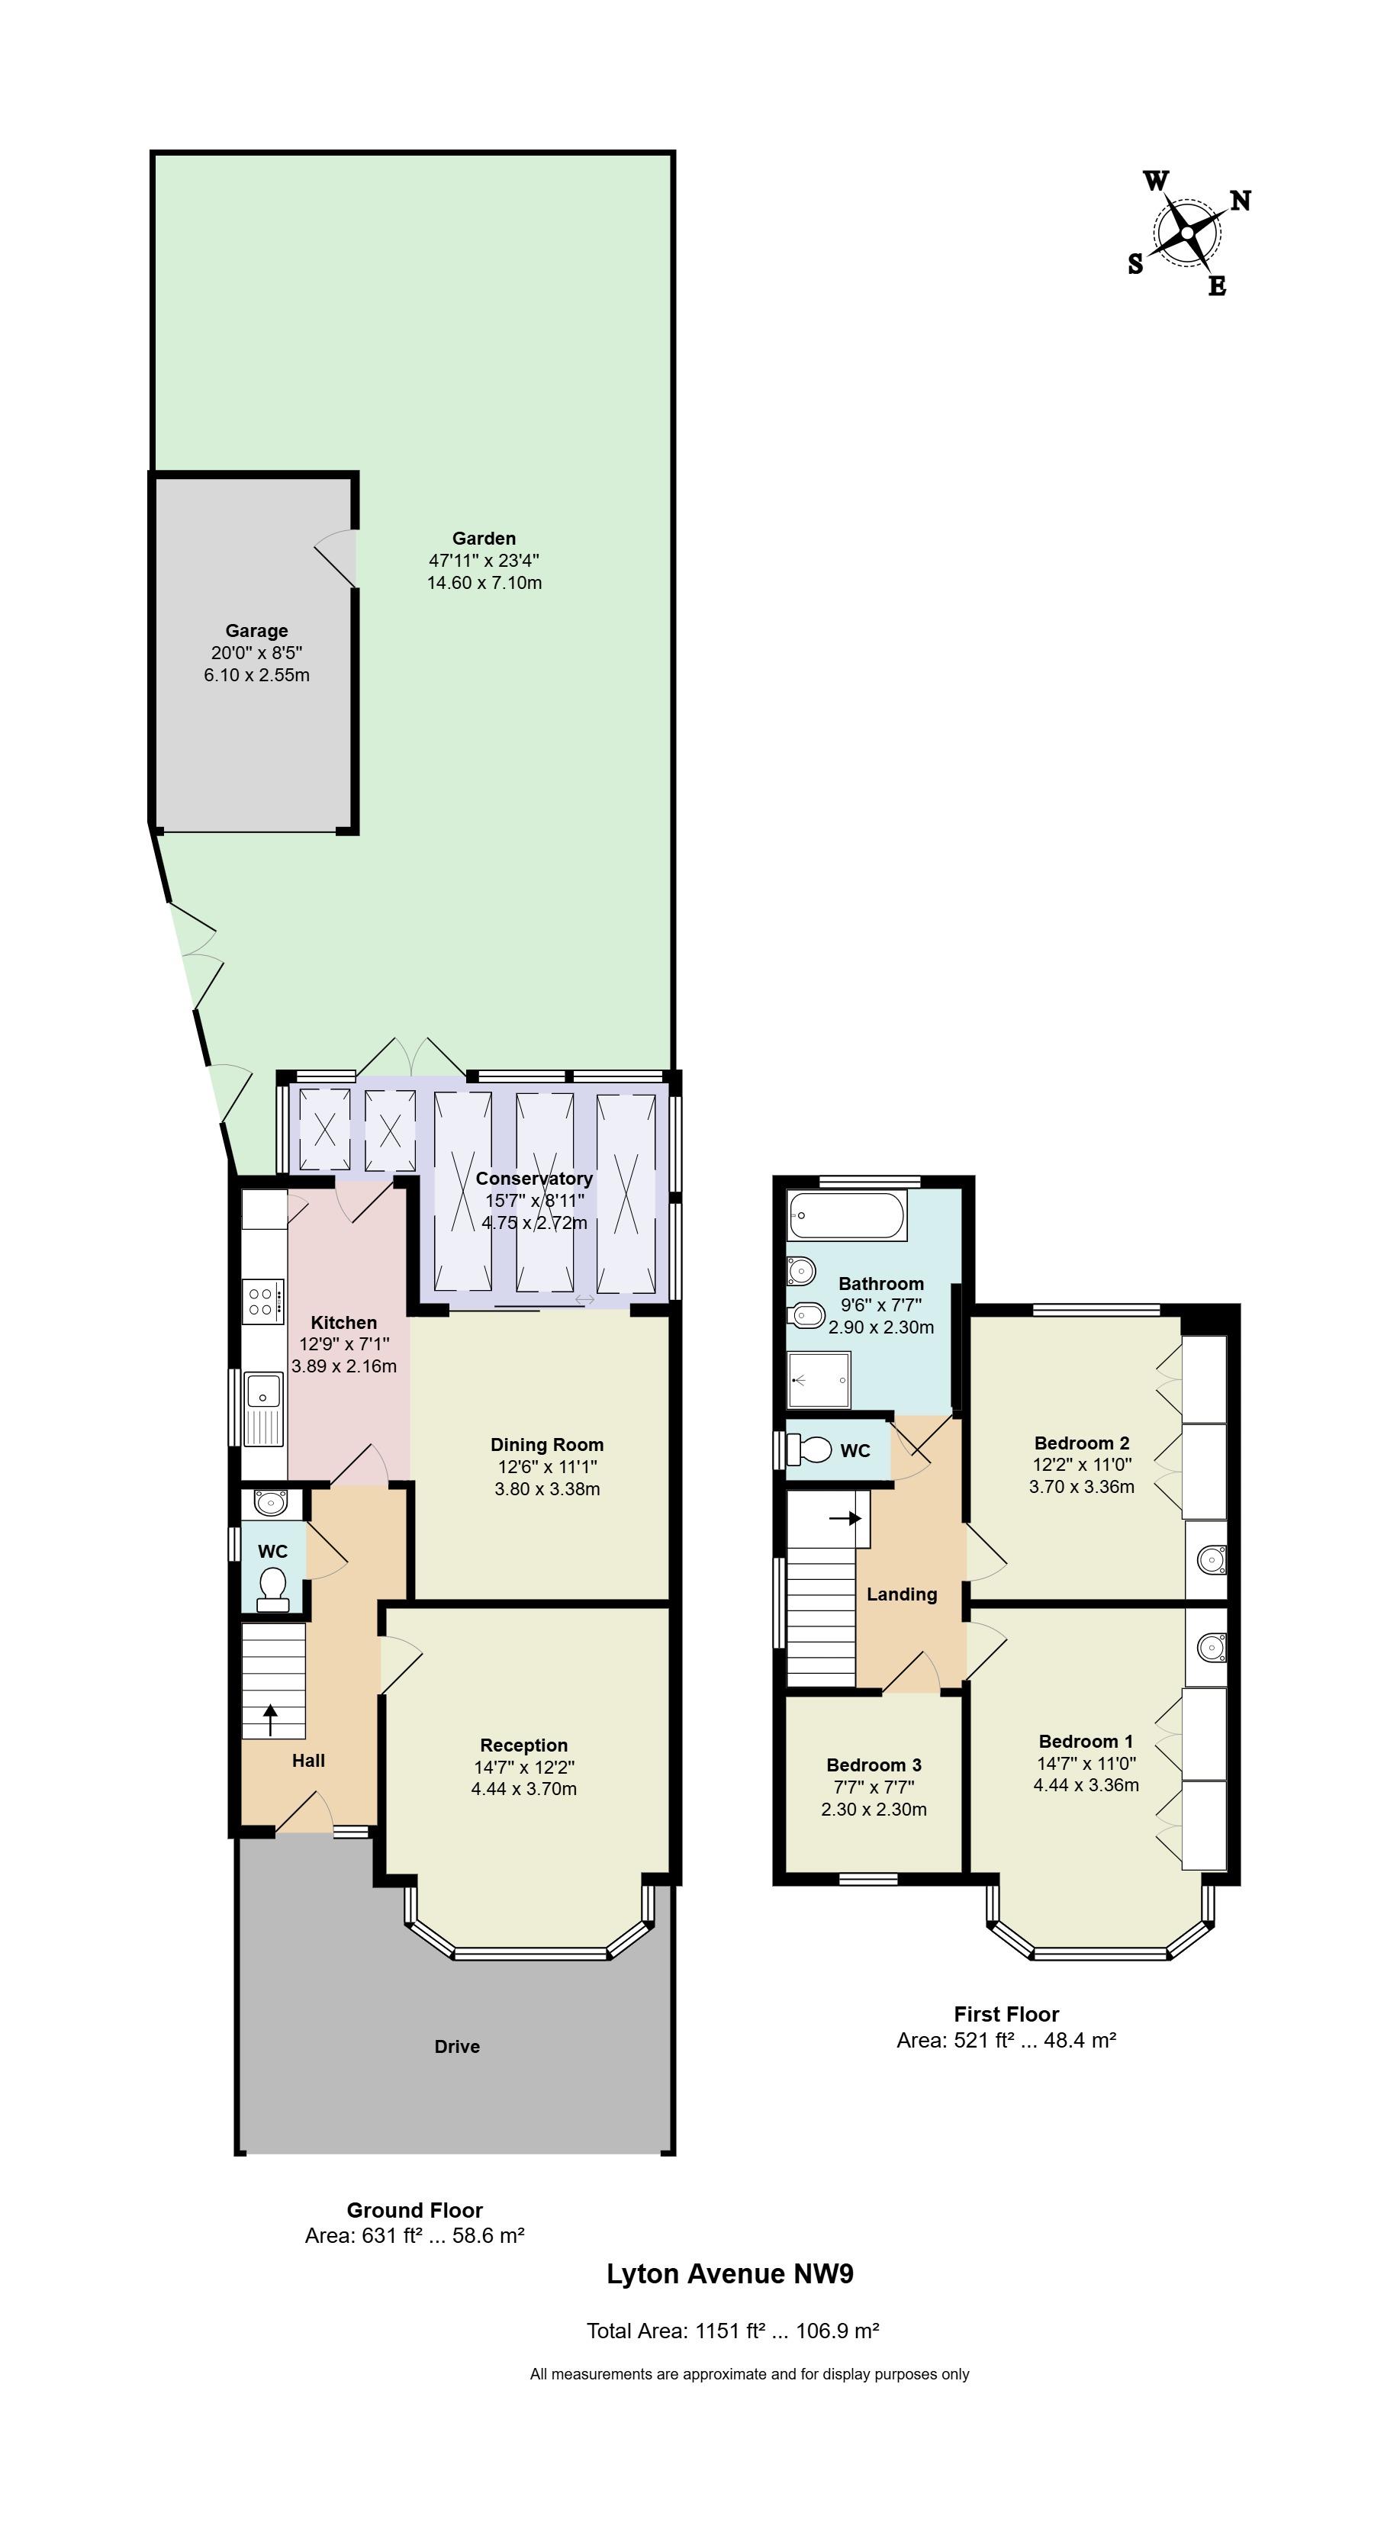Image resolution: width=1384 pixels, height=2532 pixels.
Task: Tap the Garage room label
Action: [x=256, y=631]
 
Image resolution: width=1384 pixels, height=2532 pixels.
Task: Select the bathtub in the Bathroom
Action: [x=846, y=1215]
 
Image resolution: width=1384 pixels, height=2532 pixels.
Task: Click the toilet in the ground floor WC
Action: [x=272, y=1589]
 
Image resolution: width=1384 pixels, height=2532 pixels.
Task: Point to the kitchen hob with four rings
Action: [x=263, y=1301]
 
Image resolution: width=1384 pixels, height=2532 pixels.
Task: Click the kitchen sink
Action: [x=263, y=1408]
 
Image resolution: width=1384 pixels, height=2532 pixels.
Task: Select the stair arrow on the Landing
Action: [x=845, y=1517]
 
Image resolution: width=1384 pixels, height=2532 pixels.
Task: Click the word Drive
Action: [x=457, y=2047]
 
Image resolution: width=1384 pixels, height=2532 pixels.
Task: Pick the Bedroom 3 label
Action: [x=874, y=1765]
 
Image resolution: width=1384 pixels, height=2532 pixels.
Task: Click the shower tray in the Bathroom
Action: [x=819, y=1379]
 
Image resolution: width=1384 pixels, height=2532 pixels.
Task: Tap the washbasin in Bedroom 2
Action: [x=1207, y=1559]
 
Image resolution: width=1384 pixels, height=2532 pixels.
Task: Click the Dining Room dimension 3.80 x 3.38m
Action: [x=548, y=1488]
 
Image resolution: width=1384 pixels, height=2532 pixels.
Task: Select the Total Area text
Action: [x=732, y=2331]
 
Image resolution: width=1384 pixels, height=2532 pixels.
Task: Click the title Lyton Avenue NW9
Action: [x=730, y=2273]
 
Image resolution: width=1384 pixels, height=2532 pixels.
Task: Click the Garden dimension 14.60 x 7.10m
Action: [x=484, y=583]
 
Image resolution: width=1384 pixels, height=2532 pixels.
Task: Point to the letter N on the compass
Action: [x=1241, y=201]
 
